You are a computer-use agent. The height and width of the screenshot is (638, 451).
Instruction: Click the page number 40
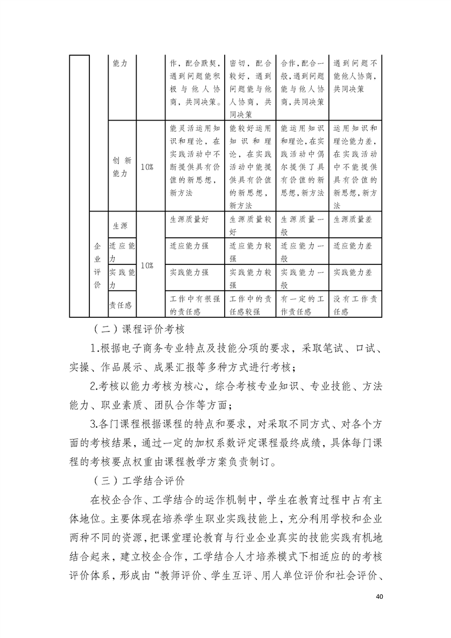(x=380, y=597)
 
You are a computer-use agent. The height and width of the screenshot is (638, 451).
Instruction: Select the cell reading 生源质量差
(x=353, y=219)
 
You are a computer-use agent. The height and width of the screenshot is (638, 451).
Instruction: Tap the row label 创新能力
(x=122, y=167)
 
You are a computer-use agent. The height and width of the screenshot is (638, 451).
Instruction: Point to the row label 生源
(x=119, y=225)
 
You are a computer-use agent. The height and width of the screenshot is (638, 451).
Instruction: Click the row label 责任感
(x=119, y=305)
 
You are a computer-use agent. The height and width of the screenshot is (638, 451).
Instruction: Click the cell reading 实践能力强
(x=191, y=272)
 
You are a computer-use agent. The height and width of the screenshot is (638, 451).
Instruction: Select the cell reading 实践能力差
(x=353, y=272)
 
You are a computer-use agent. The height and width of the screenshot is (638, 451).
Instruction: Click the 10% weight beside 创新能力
(x=146, y=167)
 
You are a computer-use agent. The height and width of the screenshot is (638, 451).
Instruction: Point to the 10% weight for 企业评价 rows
(x=146, y=265)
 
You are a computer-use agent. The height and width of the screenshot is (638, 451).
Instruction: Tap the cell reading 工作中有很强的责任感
(x=193, y=305)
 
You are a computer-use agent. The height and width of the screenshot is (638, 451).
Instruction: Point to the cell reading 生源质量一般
(x=303, y=225)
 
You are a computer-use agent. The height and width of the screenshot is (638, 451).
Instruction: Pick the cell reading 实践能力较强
(x=250, y=278)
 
